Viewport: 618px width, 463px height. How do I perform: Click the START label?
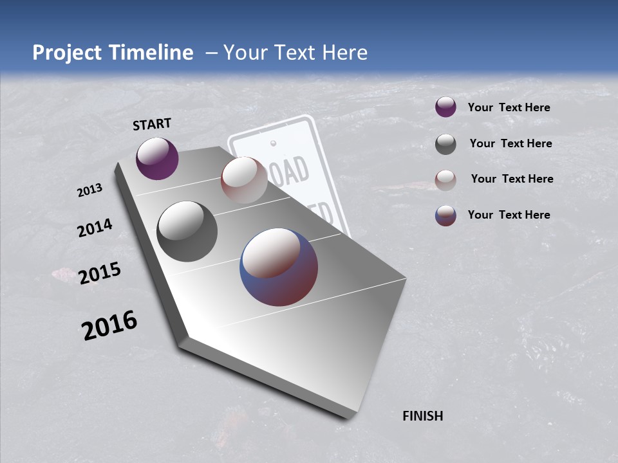(x=152, y=124)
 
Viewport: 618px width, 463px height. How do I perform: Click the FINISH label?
(x=422, y=416)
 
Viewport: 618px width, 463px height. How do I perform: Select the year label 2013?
(x=89, y=190)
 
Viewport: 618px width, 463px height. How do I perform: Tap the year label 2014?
(x=95, y=228)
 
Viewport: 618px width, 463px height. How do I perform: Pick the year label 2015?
(x=100, y=273)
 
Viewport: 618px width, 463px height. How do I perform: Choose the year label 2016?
(x=109, y=325)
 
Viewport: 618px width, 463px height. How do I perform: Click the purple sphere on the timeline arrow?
(x=157, y=158)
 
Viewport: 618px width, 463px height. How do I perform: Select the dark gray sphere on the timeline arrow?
(x=187, y=232)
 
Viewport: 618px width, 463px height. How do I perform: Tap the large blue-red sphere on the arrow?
(x=279, y=266)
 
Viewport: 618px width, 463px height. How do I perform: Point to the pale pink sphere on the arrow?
(x=244, y=180)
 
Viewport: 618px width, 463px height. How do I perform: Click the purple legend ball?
(x=445, y=107)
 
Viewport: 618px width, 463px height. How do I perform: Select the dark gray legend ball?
(x=445, y=144)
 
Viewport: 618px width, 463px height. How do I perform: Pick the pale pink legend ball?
(x=445, y=180)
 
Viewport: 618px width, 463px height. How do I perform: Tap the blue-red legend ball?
(x=445, y=215)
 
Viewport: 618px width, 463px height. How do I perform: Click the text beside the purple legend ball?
(x=509, y=107)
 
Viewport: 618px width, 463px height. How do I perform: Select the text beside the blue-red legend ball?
(x=509, y=215)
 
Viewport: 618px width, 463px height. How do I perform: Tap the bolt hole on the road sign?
(x=273, y=142)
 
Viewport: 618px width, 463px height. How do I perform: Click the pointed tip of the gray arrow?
(x=348, y=417)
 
